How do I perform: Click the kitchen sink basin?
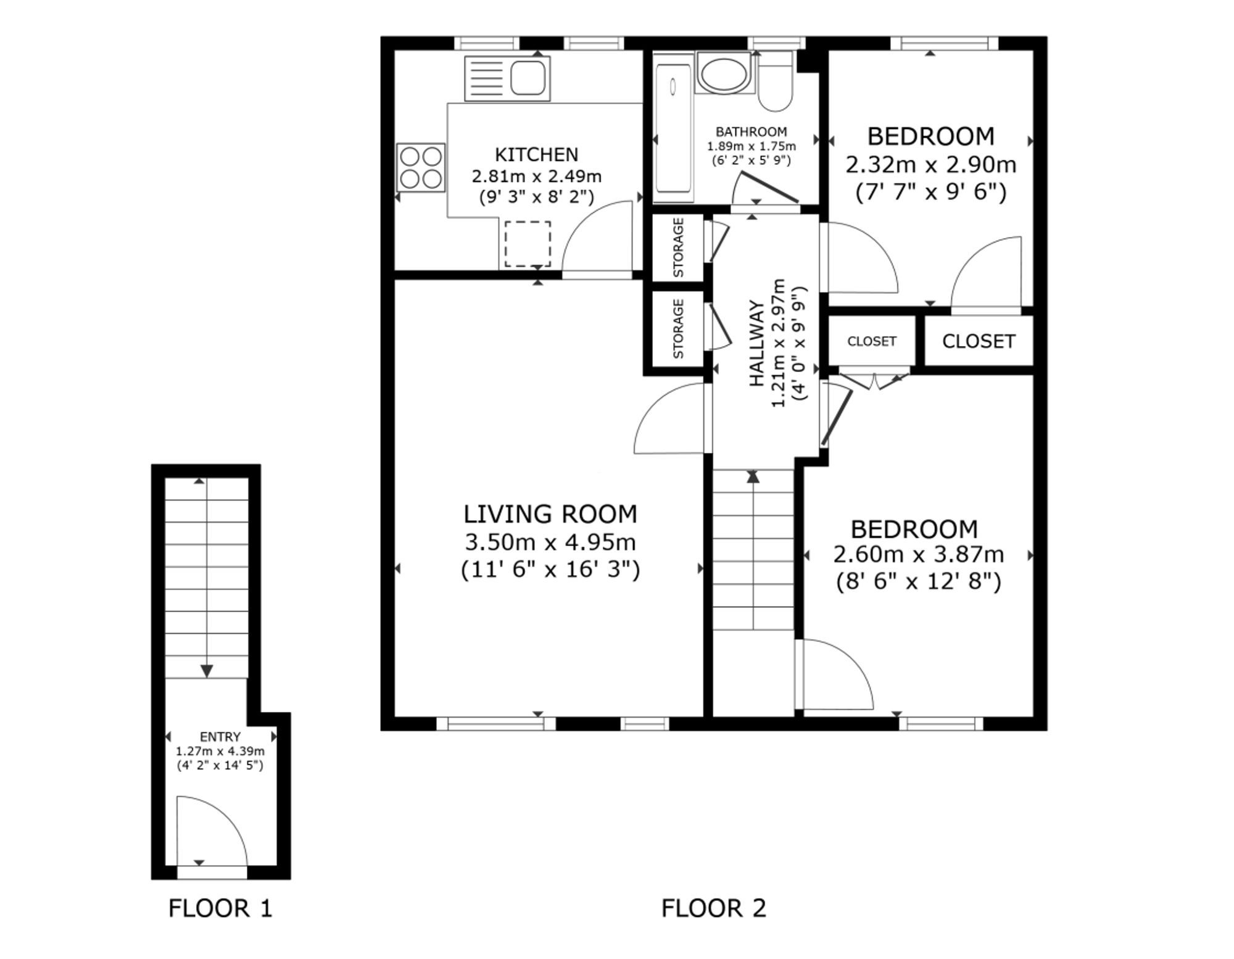(x=528, y=78)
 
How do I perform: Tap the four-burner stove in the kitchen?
(x=421, y=167)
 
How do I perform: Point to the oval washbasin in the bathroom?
(x=723, y=73)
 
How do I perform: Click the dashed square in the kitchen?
(x=528, y=244)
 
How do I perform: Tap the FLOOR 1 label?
(x=220, y=908)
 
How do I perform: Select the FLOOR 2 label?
(x=714, y=908)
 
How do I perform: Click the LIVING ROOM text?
(x=550, y=514)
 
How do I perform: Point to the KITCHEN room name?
(x=537, y=154)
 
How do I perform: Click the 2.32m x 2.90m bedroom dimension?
(x=931, y=165)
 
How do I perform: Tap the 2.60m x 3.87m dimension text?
(x=919, y=555)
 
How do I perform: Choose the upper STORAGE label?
(x=679, y=247)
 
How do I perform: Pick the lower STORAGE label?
(x=679, y=329)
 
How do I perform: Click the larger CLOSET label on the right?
(x=979, y=341)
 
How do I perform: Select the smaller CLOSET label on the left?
(x=872, y=341)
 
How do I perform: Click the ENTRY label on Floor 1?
(x=220, y=737)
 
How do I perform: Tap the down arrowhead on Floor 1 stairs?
(x=207, y=671)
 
